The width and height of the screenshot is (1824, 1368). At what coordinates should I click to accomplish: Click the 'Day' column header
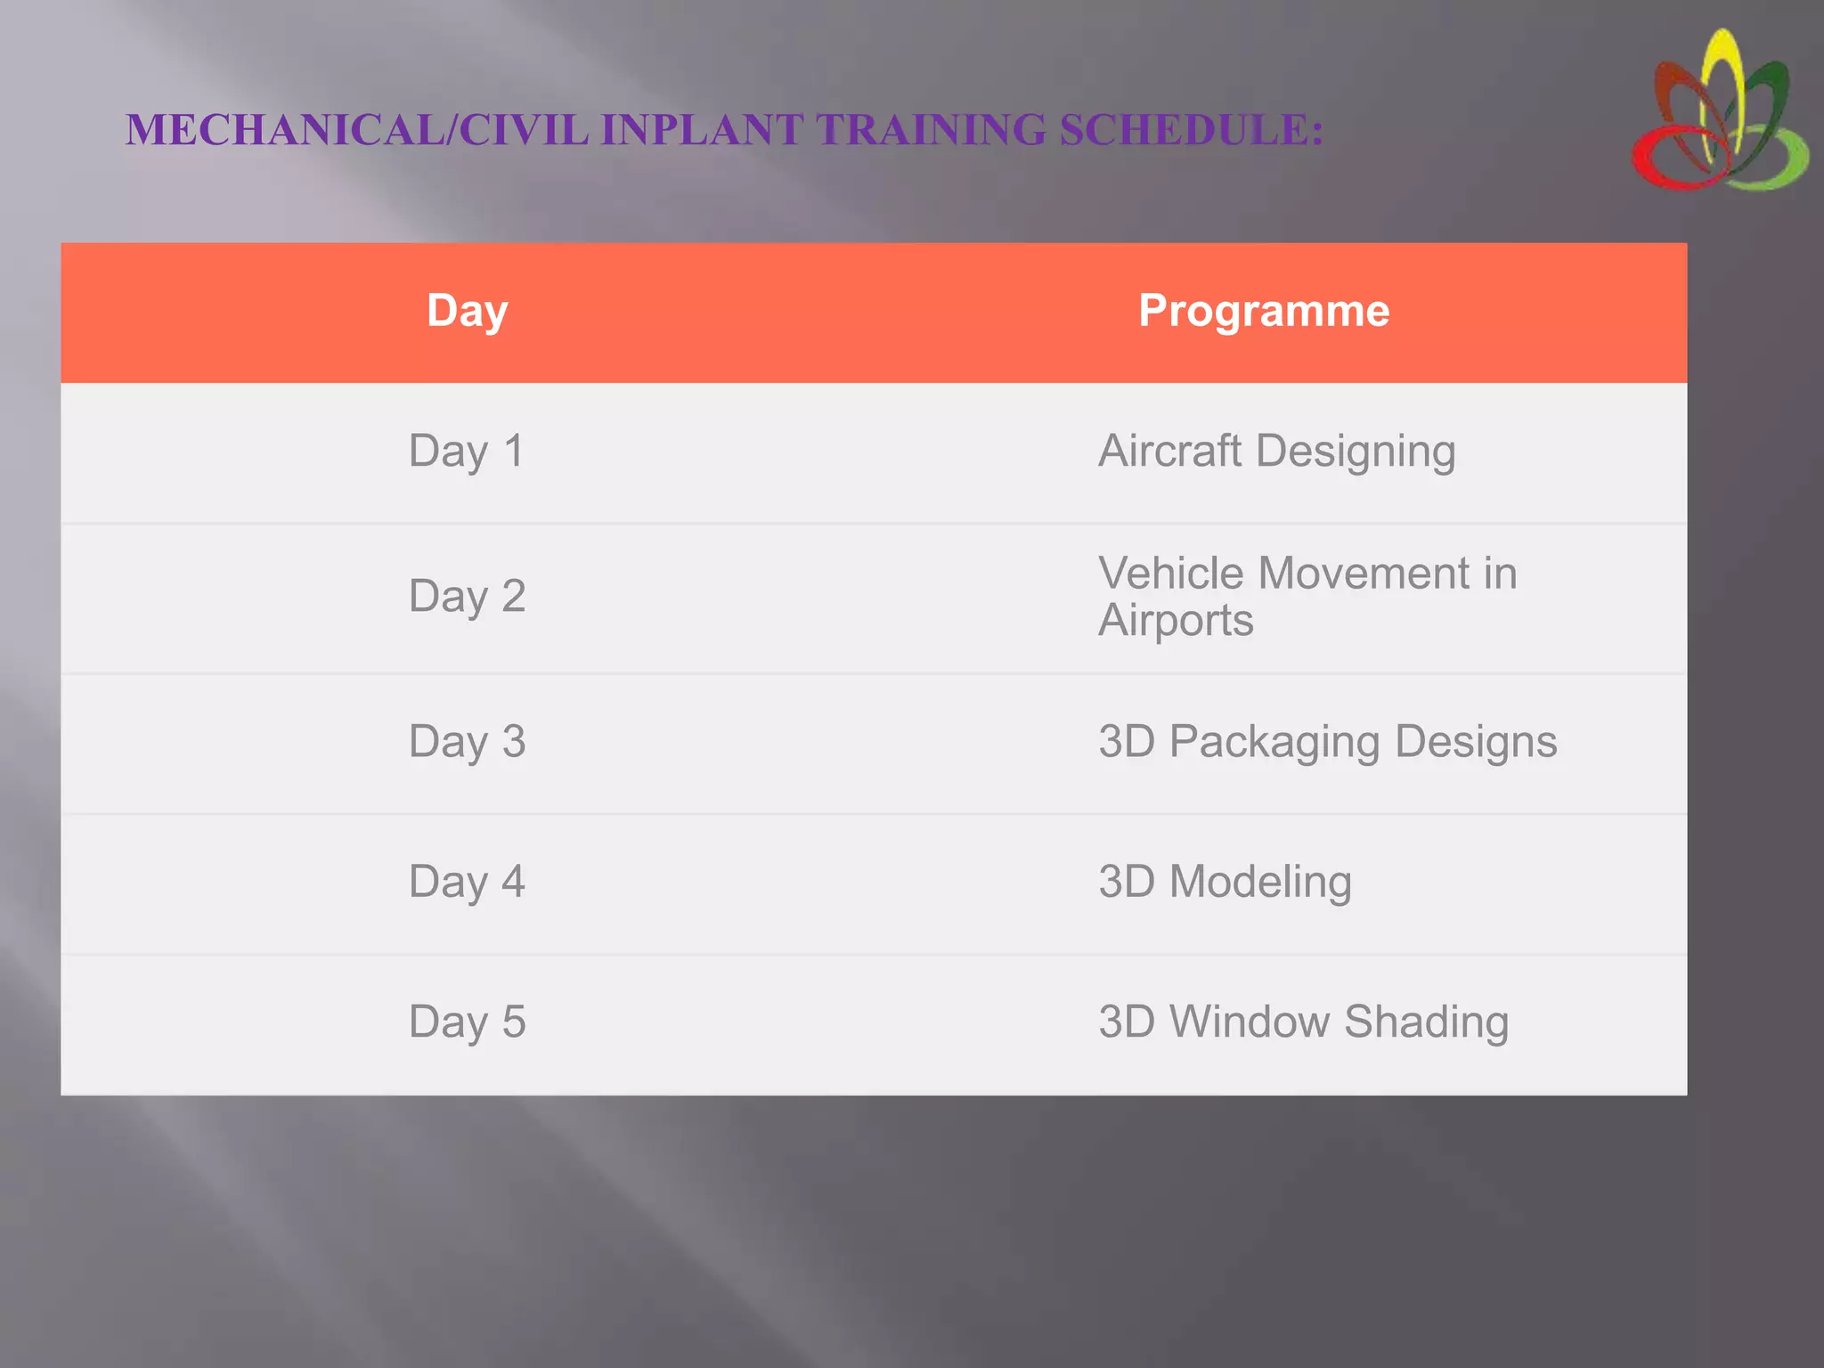[x=467, y=312]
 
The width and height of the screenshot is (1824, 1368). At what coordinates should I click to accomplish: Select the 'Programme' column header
[x=1264, y=312]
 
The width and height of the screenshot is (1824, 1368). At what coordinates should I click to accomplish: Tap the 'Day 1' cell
[x=467, y=452]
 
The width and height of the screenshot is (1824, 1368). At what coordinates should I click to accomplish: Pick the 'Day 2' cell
[x=467, y=597]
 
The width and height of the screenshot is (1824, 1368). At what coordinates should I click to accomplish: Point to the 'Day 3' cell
[x=467, y=742]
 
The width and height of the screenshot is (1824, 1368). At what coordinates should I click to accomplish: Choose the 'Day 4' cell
[x=467, y=882]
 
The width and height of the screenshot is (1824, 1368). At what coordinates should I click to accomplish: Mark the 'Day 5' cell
[x=467, y=1022]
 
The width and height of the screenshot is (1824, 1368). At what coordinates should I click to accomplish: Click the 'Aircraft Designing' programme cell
[x=1276, y=452]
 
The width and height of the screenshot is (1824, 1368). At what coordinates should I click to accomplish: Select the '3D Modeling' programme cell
[x=1225, y=882]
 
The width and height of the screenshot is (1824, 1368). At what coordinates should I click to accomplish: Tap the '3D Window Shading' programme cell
[x=1303, y=1022]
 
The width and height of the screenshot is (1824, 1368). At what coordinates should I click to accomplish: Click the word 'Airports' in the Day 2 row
[x=1176, y=621]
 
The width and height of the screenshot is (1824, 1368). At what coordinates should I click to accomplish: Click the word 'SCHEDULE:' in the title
[x=1191, y=130]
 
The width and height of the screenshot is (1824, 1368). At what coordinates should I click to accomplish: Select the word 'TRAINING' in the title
[x=931, y=130]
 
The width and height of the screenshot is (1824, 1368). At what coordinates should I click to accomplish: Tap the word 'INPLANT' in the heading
[x=702, y=130]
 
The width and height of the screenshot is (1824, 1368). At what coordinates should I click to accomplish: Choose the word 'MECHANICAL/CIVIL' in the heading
[x=357, y=130]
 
